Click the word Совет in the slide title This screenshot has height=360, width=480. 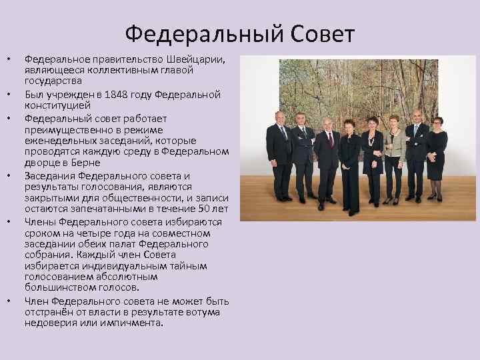[x=318, y=33]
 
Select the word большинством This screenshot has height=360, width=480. [x=57, y=287]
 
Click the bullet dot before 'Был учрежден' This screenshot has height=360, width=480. [x=9, y=95]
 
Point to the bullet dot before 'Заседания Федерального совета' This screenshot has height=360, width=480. [x=9, y=176]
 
